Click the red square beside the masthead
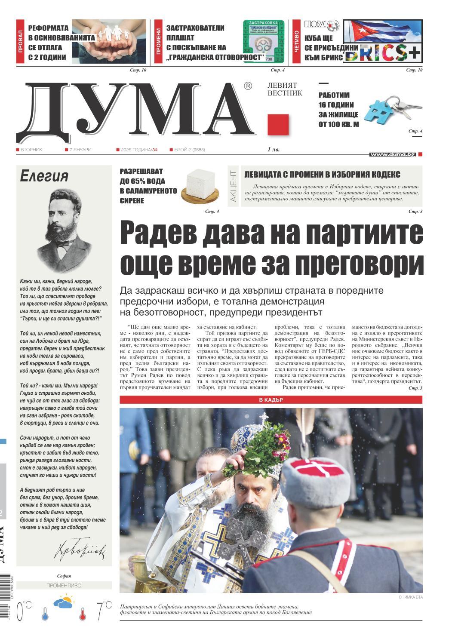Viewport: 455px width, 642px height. (278, 125)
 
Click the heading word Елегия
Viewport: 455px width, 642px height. (44, 176)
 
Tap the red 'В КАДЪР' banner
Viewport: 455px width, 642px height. (271, 400)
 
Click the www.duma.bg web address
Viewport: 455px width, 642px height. (392, 154)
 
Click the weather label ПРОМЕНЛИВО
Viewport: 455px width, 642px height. (64, 586)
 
